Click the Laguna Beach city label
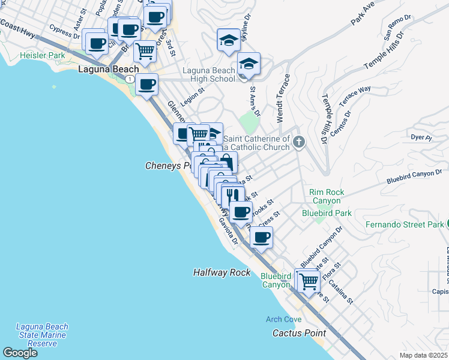109,70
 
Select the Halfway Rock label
221,272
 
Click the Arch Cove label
285,319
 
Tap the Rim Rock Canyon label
327,197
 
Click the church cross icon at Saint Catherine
300,142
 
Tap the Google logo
19,353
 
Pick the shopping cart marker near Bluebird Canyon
309,280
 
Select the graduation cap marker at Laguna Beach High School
249,64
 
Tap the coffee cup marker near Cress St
261,237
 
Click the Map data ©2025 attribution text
424,355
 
